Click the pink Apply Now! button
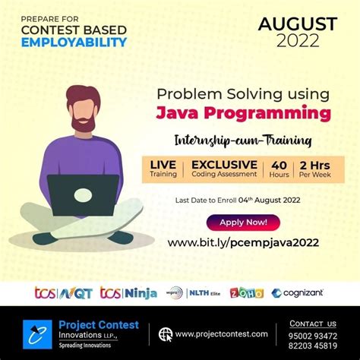point(243,223)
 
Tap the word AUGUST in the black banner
point(298,24)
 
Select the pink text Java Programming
point(243,114)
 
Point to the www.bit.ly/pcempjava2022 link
point(243,243)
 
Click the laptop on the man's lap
point(83,191)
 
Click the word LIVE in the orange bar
point(163,164)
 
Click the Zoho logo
point(246,292)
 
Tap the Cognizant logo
point(298,292)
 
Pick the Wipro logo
point(175,292)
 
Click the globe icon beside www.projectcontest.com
point(164,333)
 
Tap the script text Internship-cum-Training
point(242,140)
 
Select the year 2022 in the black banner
point(298,41)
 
